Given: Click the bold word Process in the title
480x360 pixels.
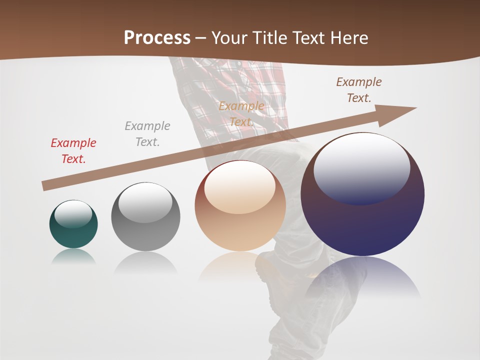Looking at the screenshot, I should pyautogui.click(x=157, y=37).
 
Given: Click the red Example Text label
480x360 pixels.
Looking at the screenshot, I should pyautogui.click(x=73, y=150).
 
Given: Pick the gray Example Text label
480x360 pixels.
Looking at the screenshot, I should pyautogui.click(x=147, y=133).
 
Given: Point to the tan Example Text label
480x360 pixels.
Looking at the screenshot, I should pyautogui.click(x=241, y=113).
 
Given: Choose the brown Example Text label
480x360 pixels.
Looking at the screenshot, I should pyautogui.click(x=359, y=90).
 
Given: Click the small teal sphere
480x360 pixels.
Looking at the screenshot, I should pyautogui.click(x=73, y=235).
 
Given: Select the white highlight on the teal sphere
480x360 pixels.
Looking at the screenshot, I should pyautogui.click(x=73, y=213).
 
